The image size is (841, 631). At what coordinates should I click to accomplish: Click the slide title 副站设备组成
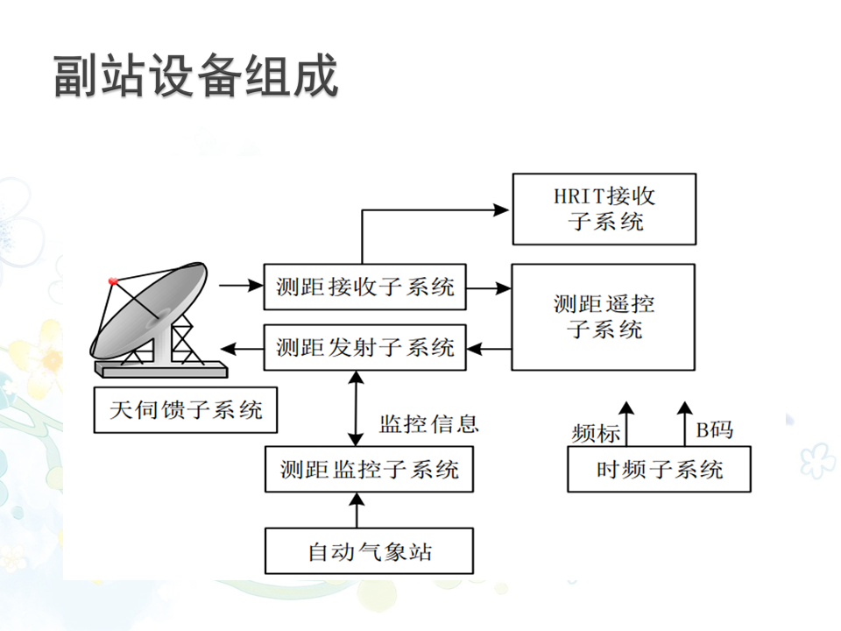[x=195, y=77]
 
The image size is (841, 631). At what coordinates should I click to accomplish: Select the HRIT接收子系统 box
[x=604, y=209]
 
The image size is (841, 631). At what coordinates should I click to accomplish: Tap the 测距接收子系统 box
[x=364, y=287]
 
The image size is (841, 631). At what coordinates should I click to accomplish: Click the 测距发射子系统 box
[x=364, y=347]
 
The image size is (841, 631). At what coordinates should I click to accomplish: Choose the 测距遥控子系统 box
[x=604, y=316]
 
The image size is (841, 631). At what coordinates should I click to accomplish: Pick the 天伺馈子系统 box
[x=185, y=409]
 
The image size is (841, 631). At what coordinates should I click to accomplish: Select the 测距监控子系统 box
[x=369, y=469]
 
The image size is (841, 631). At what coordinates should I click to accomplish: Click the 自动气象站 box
[x=369, y=551]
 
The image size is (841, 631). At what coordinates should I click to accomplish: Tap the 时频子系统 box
[x=659, y=469]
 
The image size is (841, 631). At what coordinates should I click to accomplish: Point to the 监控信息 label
[x=428, y=424]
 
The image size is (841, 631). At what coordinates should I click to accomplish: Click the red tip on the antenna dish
[x=112, y=281]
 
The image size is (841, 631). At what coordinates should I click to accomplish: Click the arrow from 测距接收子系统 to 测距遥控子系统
[x=489, y=287]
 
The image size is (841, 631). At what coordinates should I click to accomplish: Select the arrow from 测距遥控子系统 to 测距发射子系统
[x=489, y=348]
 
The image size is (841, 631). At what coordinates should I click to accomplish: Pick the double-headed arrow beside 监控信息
[x=355, y=408]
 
